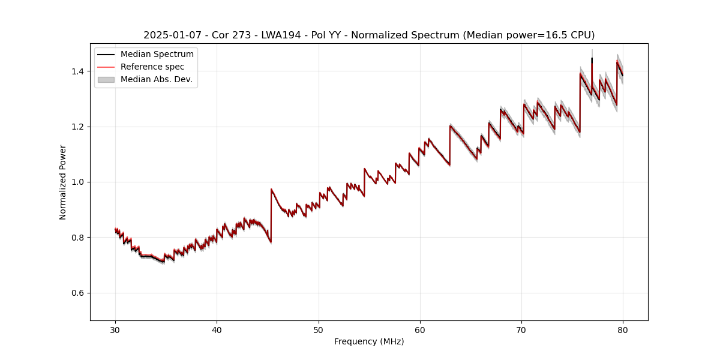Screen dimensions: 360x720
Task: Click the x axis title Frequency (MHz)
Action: tap(369, 341)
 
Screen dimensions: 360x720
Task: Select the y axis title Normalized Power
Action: tap(63, 182)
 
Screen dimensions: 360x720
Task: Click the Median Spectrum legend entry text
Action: tap(157, 55)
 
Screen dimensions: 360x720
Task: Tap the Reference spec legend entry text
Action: tap(152, 67)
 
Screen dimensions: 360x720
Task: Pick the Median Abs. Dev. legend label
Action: tap(157, 80)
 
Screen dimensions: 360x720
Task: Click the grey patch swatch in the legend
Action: tap(106, 80)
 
